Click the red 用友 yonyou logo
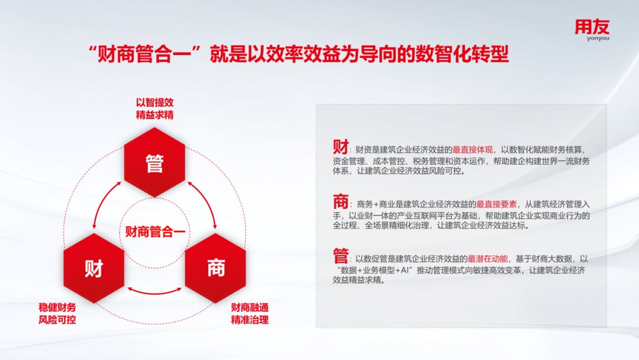[591, 30]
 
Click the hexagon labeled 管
[154, 164]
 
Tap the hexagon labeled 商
[215, 268]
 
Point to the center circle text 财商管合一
[154, 232]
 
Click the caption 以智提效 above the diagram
[154, 102]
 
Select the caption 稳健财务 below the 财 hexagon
[57, 308]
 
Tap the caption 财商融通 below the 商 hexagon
[250, 308]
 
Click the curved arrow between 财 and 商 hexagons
[155, 291]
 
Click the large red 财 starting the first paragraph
[341, 147]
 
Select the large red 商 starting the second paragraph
[341, 202]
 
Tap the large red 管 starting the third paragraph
[341, 257]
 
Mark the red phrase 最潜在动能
[488, 259]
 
